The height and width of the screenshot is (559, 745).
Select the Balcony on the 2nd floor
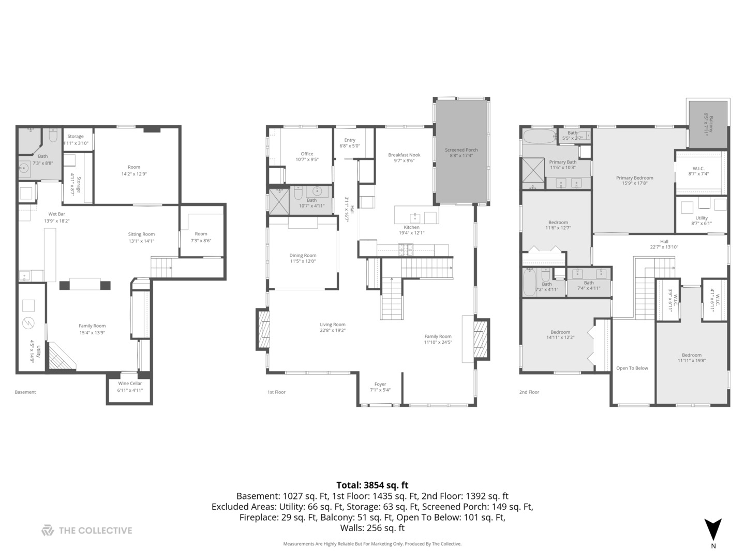[708, 124]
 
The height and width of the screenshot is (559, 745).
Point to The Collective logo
[87, 531]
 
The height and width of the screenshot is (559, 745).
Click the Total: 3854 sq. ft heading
[372, 485]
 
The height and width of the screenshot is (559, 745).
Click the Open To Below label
[632, 369]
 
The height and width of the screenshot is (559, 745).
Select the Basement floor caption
[25, 392]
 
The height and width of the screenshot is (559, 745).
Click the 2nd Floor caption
[529, 392]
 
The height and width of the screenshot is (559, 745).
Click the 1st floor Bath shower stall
[278, 201]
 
